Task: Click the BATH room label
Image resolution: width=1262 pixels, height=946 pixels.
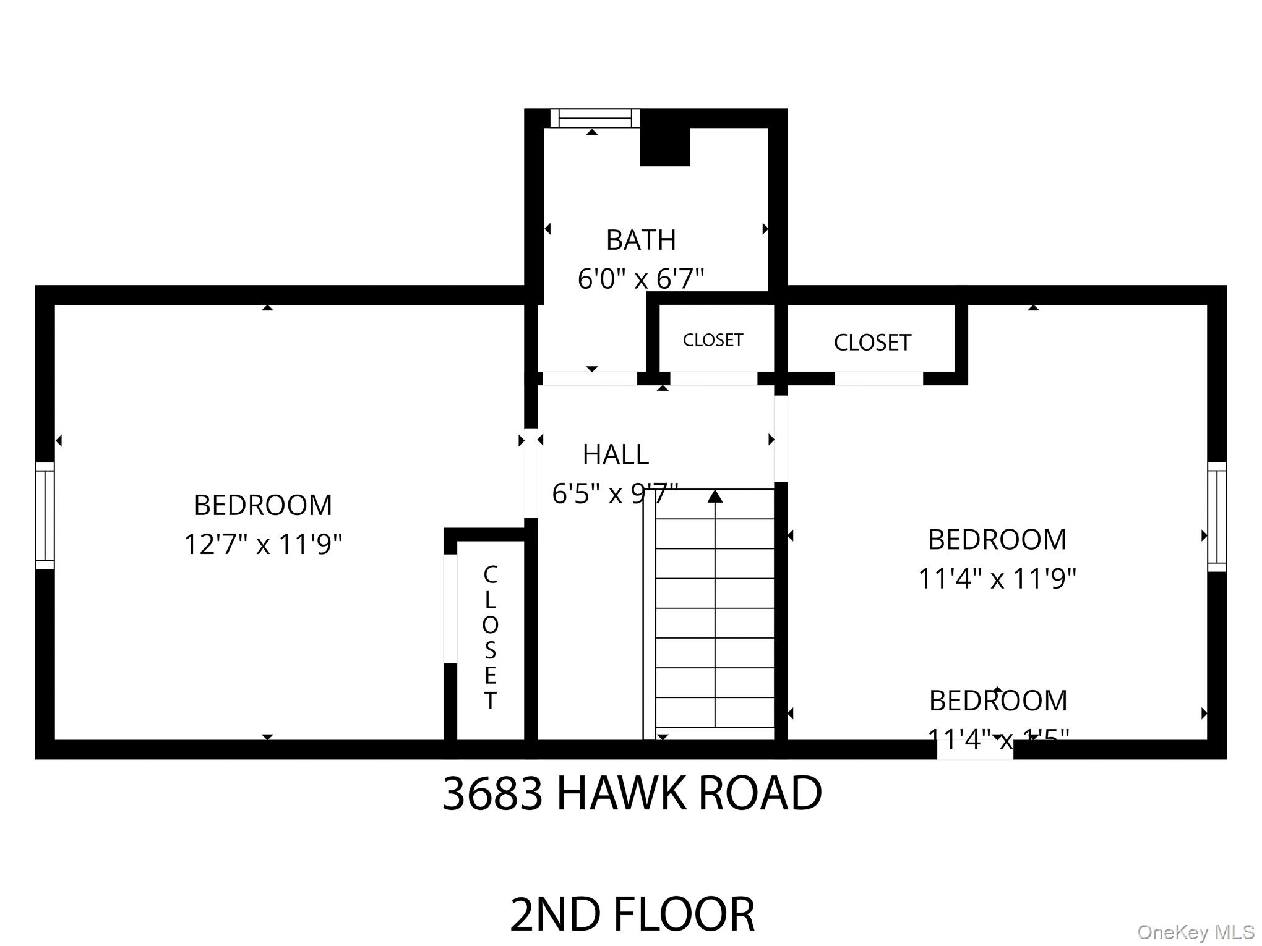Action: pos(640,240)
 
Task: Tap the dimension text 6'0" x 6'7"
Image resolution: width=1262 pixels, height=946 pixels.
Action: pos(640,279)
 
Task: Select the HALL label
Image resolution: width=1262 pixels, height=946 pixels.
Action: pos(616,455)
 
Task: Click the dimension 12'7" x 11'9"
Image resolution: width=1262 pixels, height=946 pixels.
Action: pos(263,545)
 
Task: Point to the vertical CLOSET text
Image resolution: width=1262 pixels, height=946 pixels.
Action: pos(490,637)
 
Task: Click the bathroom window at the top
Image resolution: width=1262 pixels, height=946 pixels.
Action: pos(595,118)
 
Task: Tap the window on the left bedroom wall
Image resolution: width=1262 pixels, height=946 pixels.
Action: pos(45,515)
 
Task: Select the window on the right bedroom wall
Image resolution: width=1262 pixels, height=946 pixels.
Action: pos(1216,517)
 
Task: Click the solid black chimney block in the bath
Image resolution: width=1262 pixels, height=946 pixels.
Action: pos(664,147)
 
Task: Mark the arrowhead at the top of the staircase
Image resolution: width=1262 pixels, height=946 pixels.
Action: pos(715,496)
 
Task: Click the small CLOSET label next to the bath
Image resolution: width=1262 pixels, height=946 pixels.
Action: pos(713,340)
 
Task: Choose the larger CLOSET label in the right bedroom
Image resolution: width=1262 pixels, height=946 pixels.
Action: pos(872,343)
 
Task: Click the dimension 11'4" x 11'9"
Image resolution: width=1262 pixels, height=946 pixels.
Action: pos(997,579)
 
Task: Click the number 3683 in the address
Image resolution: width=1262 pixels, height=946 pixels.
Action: pos(492,793)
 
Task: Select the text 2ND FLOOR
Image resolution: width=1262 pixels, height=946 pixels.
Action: pos(632,914)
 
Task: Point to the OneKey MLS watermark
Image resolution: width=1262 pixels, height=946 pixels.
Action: pos(1195,932)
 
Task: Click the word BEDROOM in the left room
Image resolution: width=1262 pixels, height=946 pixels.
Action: pos(263,505)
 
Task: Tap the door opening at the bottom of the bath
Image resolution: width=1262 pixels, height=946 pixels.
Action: pos(590,378)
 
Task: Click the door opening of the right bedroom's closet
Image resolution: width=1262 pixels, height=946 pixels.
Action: pos(878,378)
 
